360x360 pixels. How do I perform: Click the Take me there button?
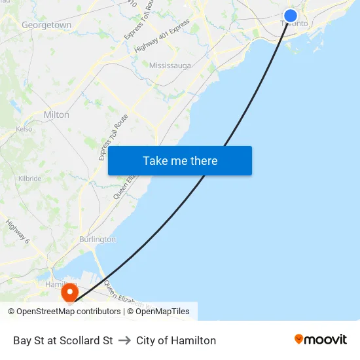180,160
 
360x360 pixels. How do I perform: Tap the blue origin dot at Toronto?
291,16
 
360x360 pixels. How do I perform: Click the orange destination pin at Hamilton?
69,292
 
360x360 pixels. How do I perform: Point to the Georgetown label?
46,25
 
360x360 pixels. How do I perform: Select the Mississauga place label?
170,65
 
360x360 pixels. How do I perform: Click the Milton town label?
56,115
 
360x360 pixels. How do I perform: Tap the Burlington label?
98,240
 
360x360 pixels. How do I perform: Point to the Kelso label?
24,130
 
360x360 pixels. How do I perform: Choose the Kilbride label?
29,178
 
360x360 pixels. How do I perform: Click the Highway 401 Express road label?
162,37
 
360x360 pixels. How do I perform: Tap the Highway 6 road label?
18,232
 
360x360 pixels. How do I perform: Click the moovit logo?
321,340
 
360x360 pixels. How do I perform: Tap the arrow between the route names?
124,340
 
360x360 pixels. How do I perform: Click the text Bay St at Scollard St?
63,340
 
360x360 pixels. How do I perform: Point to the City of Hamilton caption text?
176,340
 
